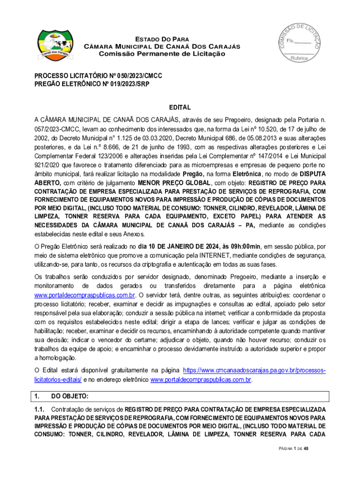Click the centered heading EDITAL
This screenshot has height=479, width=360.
tap(180, 107)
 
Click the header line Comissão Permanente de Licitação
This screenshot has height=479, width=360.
tap(162, 54)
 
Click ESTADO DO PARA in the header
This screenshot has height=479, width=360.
tap(162, 39)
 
